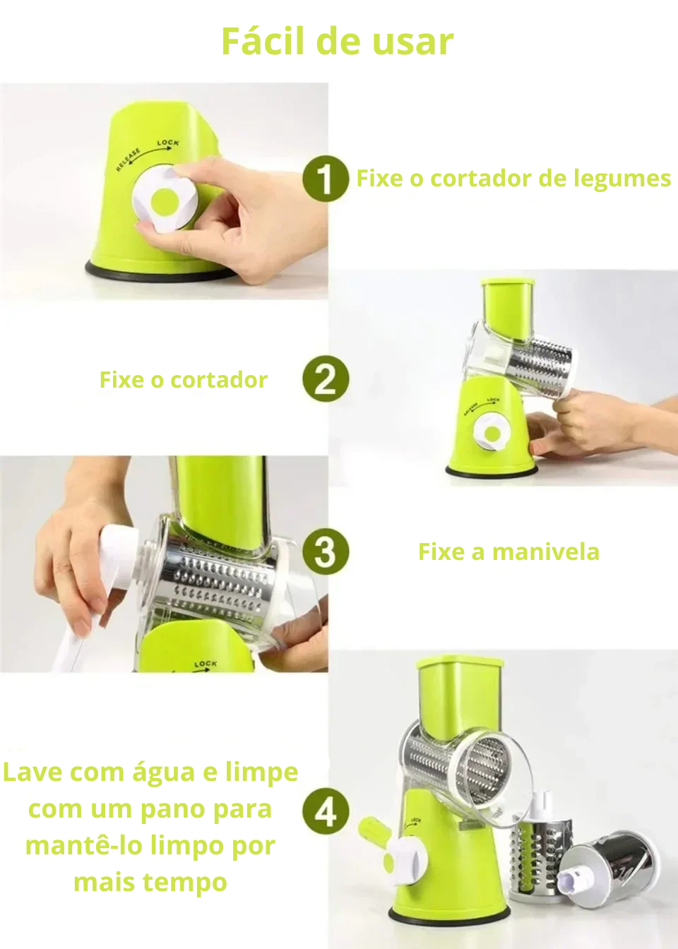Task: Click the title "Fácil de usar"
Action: click(x=338, y=42)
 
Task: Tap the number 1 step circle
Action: click(x=326, y=179)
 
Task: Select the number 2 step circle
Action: click(x=326, y=378)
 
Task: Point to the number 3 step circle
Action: click(x=326, y=551)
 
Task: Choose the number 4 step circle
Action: click(x=326, y=811)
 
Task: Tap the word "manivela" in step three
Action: click(x=546, y=552)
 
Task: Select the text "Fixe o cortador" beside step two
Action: click(x=184, y=380)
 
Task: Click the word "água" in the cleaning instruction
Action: click(x=164, y=773)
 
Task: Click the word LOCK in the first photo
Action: click(x=168, y=143)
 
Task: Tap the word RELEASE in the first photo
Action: click(x=128, y=160)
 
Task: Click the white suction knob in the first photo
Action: click(x=165, y=199)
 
